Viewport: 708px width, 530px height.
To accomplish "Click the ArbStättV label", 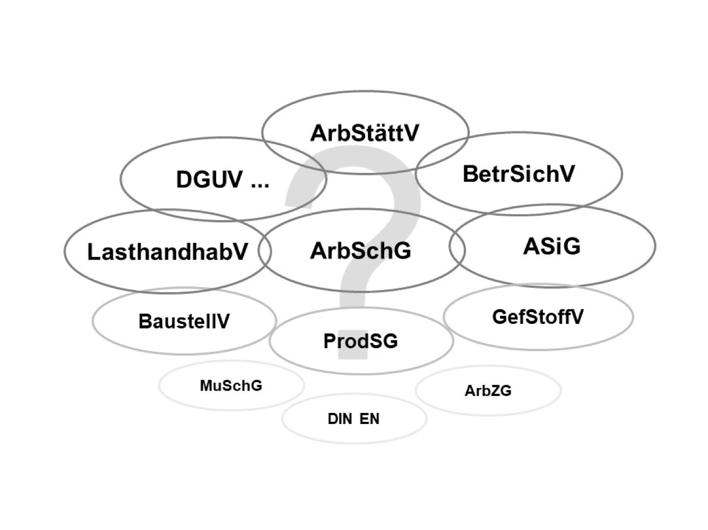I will pos(365,132).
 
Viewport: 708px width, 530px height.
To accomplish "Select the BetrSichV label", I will pos(519,174).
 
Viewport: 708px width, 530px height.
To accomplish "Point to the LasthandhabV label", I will pos(167,252).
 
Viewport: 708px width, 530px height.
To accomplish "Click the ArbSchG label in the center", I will pos(360,251).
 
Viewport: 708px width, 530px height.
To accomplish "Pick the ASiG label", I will pos(552,246).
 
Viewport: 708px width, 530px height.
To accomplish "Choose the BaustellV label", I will pos(184,321).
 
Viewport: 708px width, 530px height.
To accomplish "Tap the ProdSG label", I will pos(360,341).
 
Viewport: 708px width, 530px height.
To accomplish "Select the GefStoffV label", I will pos(538,317).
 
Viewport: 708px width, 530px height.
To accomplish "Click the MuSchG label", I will pos(231,385).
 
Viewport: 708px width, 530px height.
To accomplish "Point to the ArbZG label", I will pos(488,391).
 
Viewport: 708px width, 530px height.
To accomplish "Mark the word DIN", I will pos(339,419).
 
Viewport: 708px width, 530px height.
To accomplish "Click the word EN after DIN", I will pos(369,419).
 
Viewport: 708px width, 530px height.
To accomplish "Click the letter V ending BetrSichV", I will pos(567,174).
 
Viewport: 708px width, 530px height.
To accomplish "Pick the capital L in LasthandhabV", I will pos(93,252).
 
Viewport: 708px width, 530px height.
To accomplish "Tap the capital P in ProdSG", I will pos(329,341).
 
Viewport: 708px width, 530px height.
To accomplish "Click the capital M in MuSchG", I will pos(206,385).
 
